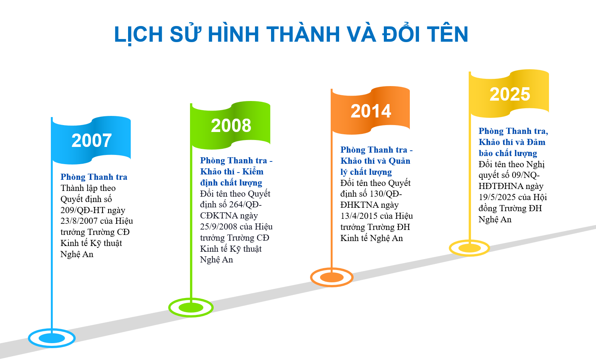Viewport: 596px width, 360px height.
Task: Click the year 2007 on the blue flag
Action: tap(91, 140)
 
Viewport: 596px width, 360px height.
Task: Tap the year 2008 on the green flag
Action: tap(231, 125)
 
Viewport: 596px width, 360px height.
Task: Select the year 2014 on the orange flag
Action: tap(371, 111)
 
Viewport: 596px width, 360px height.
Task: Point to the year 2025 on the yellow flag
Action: tap(510, 94)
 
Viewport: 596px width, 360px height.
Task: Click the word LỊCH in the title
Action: tap(138, 34)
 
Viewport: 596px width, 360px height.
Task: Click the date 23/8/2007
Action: tap(79, 221)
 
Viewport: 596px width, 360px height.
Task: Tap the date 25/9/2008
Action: tap(218, 226)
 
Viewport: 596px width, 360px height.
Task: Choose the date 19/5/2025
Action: tap(497, 197)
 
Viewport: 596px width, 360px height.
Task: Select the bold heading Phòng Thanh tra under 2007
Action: tap(94, 177)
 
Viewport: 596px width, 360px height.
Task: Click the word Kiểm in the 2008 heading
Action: tap(253, 171)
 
